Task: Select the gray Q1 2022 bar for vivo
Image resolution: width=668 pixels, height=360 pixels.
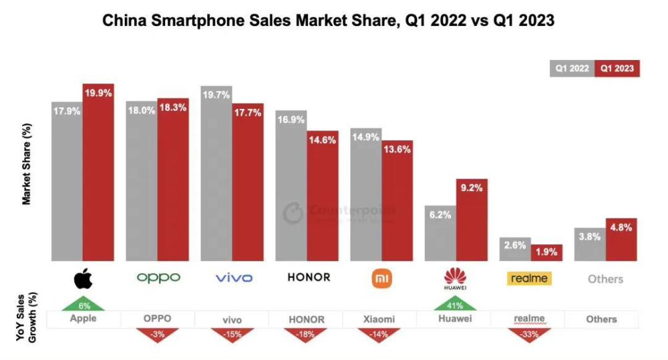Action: coord(216,174)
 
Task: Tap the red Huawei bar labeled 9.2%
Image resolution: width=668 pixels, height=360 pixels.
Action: coord(472,220)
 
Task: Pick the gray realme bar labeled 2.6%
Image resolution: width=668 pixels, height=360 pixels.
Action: coord(514,249)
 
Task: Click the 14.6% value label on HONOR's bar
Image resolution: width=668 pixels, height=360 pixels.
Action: coord(323,140)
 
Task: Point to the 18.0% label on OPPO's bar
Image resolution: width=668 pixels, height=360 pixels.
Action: coord(141,111)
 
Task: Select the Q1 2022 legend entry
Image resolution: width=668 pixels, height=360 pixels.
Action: coord(572,68)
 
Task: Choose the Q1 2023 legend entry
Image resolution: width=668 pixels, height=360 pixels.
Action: coord(618,68)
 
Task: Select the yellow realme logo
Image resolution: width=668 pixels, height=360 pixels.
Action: coord(528,278)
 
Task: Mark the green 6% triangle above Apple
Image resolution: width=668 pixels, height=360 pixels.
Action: coord(83,304)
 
